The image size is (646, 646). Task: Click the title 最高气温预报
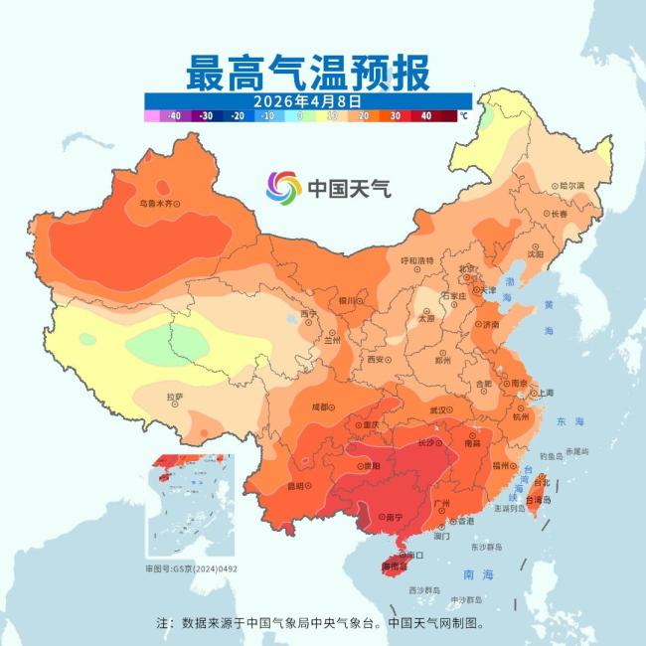(x=307, y=74)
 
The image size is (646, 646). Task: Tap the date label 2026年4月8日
(x=307, y=101)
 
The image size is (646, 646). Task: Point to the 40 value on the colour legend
(x=425, y=116)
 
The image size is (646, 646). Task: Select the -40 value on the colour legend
(x=174, y=116)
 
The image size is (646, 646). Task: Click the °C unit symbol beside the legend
(x=463, y=116)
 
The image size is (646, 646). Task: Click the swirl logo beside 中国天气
(x=283, y=186)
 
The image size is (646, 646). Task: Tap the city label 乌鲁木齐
(x=160, y=203)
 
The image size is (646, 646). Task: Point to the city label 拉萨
(x=175, y=398)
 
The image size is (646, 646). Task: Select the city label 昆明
(x=294, y=486)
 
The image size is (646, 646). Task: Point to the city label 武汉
(x=438, y=409)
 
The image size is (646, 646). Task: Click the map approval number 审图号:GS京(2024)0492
(x=191, y=569)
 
